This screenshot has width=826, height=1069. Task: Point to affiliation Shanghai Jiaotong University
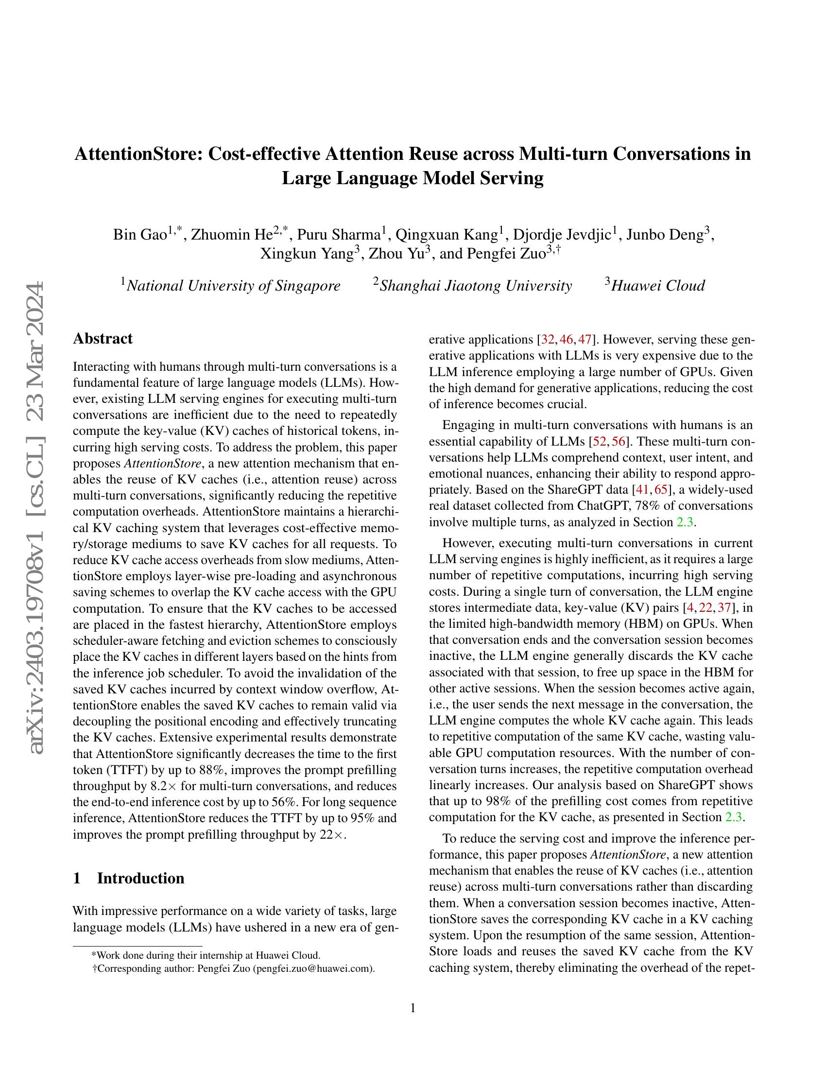(x=475, y=285)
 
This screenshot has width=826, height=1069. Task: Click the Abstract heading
(x=103, y=338)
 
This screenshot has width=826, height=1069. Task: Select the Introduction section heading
(x=140, y=878)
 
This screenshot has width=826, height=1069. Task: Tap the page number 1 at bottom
(x=413, y=1008)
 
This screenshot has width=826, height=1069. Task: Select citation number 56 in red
(x=619, y=442)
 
